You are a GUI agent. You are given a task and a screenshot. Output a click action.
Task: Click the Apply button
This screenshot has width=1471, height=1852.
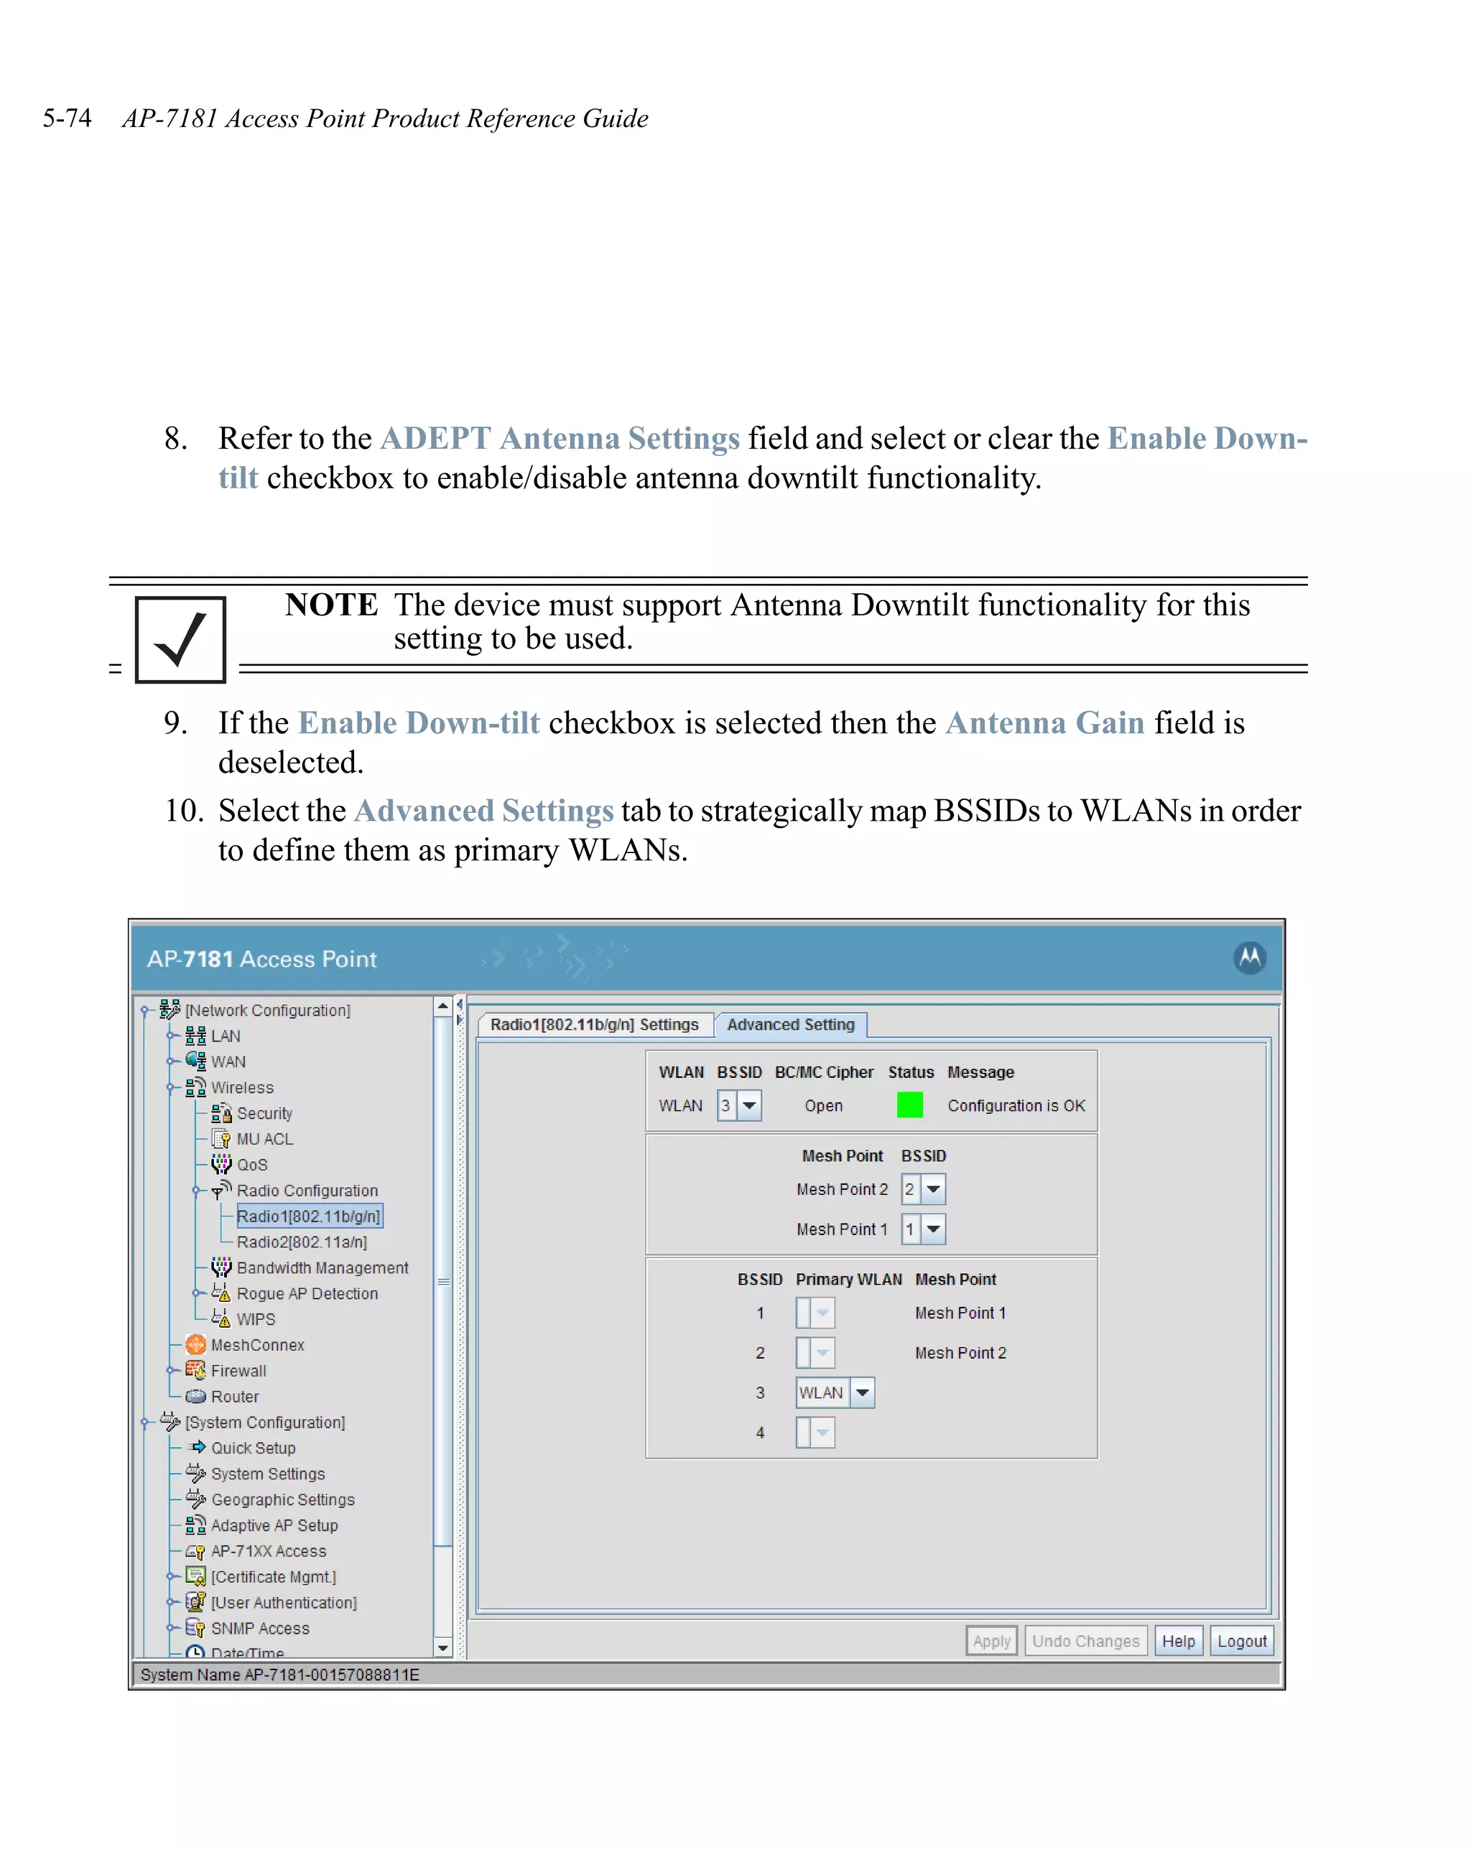click(x=990, y=1641)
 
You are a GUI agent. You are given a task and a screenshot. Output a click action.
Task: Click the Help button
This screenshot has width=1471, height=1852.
click(x=1178, y=1641)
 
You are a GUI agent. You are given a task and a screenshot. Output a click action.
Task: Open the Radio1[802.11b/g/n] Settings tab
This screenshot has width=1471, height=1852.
click(x=594, y=1024)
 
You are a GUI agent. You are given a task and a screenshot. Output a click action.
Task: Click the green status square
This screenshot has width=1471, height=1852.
click(x=909, y=1104)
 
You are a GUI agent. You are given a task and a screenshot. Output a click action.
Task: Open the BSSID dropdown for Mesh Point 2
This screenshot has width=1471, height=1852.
click(x=933, y=1189)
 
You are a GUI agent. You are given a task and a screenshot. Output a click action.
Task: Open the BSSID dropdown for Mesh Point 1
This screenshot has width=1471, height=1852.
click(x=933, y=1229)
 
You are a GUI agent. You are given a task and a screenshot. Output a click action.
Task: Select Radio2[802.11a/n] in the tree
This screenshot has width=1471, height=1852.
click(x=302, y=1242)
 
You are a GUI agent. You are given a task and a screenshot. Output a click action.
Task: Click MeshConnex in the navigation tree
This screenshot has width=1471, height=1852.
click(x=257, y=1345)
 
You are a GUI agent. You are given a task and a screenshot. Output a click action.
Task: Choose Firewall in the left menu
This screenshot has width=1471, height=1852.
click(x=238, y=1371)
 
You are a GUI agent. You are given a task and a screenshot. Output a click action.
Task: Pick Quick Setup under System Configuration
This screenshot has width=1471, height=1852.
click(x=253, y=1448)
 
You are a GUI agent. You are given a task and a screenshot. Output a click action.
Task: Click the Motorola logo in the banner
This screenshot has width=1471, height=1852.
click(x=1249, y=957)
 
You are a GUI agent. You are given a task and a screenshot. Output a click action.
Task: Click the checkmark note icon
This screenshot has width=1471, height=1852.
click(x=180, y=640)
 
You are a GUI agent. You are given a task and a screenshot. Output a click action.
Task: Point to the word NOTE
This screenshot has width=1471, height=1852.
click(x=331, y=605)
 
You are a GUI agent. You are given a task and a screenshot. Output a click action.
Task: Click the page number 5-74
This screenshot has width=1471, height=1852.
click(x=67, y=118)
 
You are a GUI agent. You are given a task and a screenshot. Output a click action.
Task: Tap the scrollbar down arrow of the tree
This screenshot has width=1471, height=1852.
click(x=443, y=1647)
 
